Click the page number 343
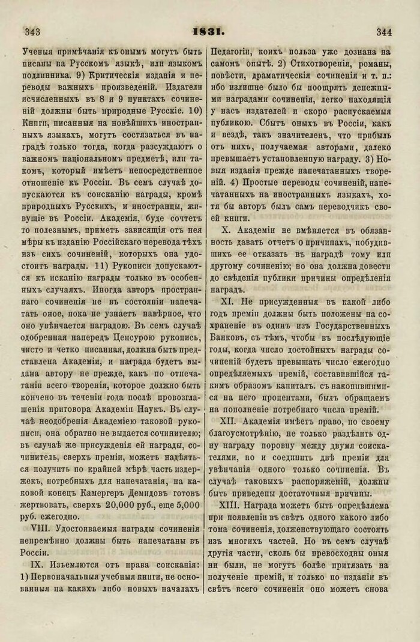31,31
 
